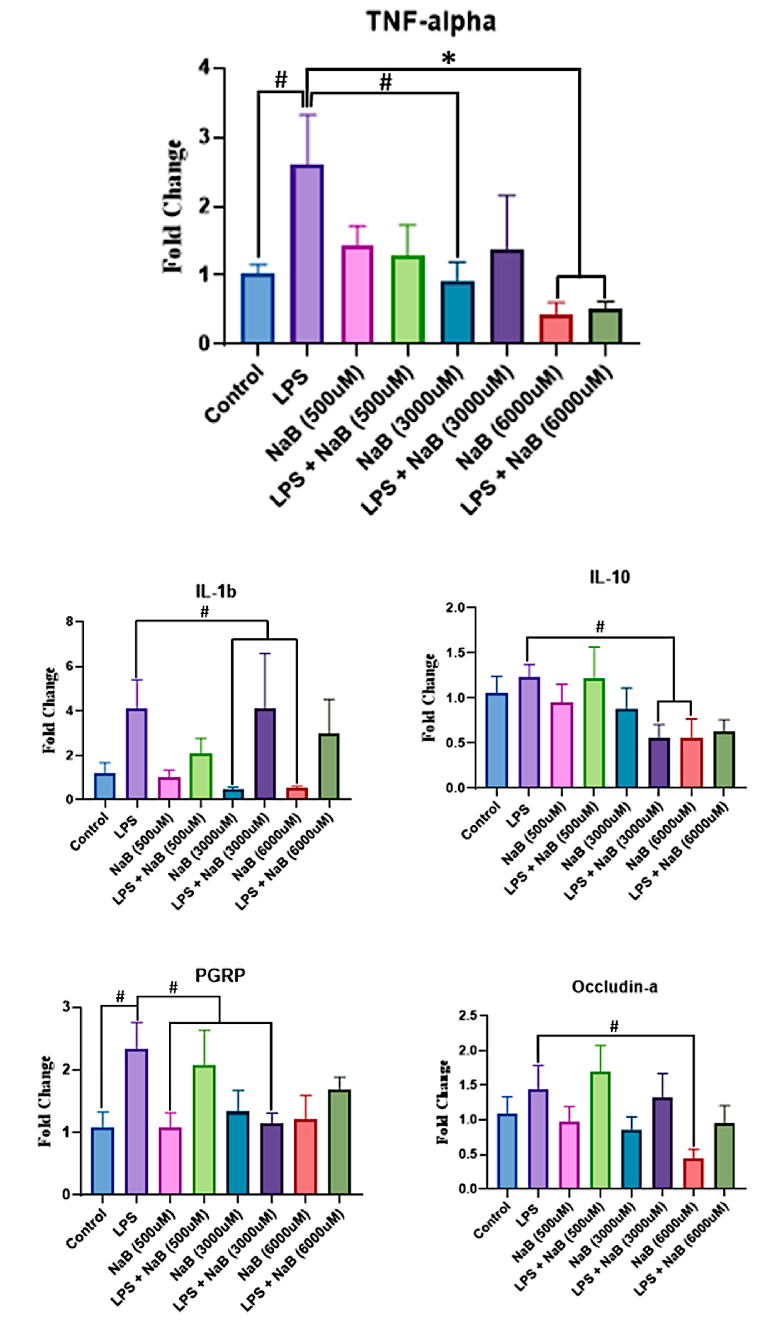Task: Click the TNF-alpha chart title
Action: pyautogui.click(x=430, y=22)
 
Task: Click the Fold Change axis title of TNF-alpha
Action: pyautogui.click(x=173, y=206)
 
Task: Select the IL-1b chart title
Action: pyautogui.click(x=216, y=591)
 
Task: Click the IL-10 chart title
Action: pyautogui.click(x=609, y=577)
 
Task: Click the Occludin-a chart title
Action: pyautogui.click(x=614, y=987)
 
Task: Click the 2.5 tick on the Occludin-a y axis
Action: pyautogui.click(x=468, y=1016)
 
